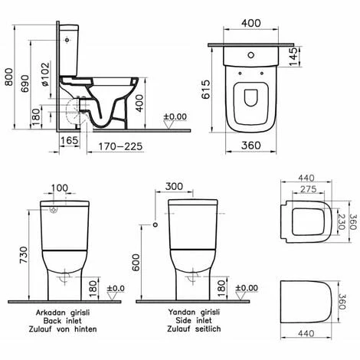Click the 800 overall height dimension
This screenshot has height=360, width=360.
[x=7, y=71]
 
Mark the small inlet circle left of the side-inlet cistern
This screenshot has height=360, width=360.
[x=155, y=225]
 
